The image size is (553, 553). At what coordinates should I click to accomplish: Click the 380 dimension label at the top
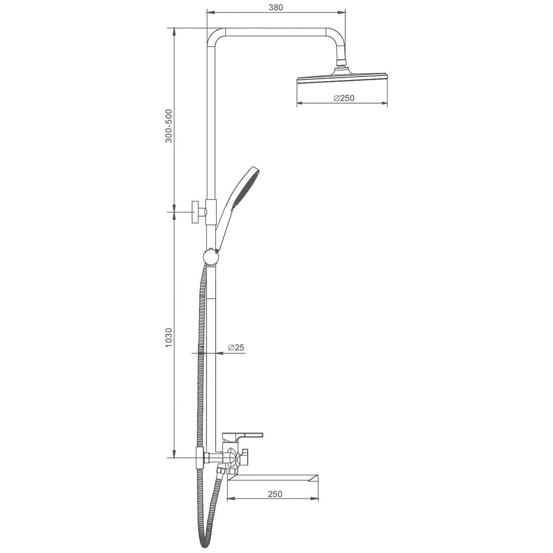[x=276, y=7]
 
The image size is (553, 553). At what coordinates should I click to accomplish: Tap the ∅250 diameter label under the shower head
[x=344, y=98]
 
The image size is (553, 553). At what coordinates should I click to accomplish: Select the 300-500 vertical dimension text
[x=169, y=126]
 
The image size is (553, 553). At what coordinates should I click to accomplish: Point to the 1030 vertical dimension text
[x=169, y=338]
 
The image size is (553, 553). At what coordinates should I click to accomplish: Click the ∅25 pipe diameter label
[x=236, y=347]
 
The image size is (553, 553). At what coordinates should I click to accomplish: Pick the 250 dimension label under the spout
[x=275, y=494]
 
